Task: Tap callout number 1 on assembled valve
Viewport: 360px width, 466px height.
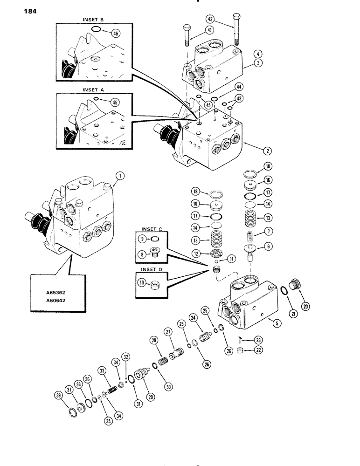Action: point(121,176)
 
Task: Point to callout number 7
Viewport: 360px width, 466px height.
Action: point(269,232)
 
